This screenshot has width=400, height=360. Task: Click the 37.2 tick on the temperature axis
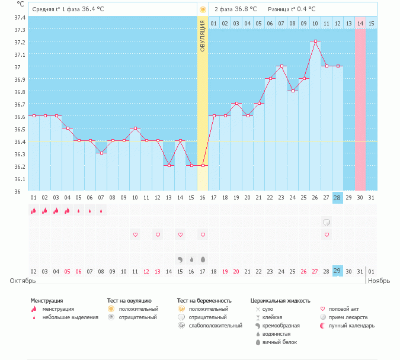(20, 42)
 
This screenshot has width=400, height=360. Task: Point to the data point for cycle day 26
(315, 41)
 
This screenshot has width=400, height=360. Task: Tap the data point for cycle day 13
(169, 165)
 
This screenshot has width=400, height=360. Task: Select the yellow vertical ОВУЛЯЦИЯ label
(203, 36)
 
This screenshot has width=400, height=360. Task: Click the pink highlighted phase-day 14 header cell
(360, 24)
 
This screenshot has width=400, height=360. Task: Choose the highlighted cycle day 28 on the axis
(337, 197)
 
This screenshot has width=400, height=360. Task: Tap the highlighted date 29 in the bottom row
(337, 271)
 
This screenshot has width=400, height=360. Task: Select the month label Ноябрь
(379, 281)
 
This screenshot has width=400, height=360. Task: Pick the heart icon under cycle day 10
(135, 235)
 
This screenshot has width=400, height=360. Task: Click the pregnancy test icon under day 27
(326, 222)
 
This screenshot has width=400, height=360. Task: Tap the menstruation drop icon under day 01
(34, 210)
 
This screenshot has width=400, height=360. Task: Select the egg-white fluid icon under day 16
(203, 259)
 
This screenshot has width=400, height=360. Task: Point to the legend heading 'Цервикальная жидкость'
(280, 301)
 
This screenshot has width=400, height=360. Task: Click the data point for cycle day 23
(281, 66)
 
